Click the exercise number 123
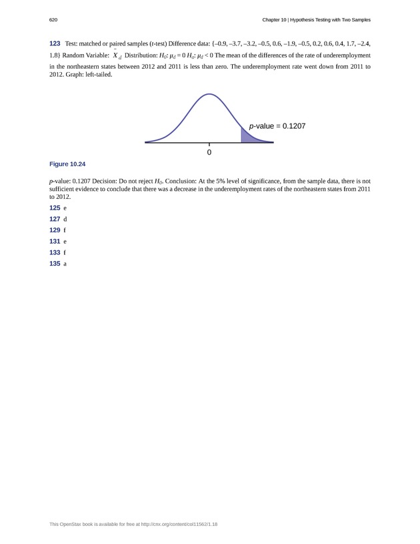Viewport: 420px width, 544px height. pyautogui.click(x=55, y=43)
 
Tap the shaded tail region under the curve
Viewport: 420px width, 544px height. pyautogui.click(x=247, y=135)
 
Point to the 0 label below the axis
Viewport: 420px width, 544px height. pyautogui.click(x=209, y=153)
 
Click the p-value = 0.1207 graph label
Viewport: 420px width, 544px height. pyautogui.click(x=277, y=125)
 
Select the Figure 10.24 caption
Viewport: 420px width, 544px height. pyautogui.click(x=67, y=164)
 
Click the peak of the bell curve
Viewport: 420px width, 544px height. pyautogui.click(x=209, y=95)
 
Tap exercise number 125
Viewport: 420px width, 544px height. pyautogui.click(x=55, y=208)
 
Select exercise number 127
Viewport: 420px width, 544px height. pyautogui.click(x=55, y=219)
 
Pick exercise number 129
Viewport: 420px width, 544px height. pyautogui.click(x=55, y=230)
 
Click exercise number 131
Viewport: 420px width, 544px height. pyautogui.click(x=55, y=242)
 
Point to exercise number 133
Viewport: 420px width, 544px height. pyautogui.click(x=55, y=253)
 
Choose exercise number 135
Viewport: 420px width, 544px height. pyautogui.click(x=55, y=264)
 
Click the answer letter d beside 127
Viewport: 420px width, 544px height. pyautogui.click(x=65, y=220)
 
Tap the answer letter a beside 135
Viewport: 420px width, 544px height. pyautogui.click(x=65, y=264)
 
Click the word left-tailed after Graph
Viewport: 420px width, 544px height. pyautogui.click(x=97, y=75)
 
